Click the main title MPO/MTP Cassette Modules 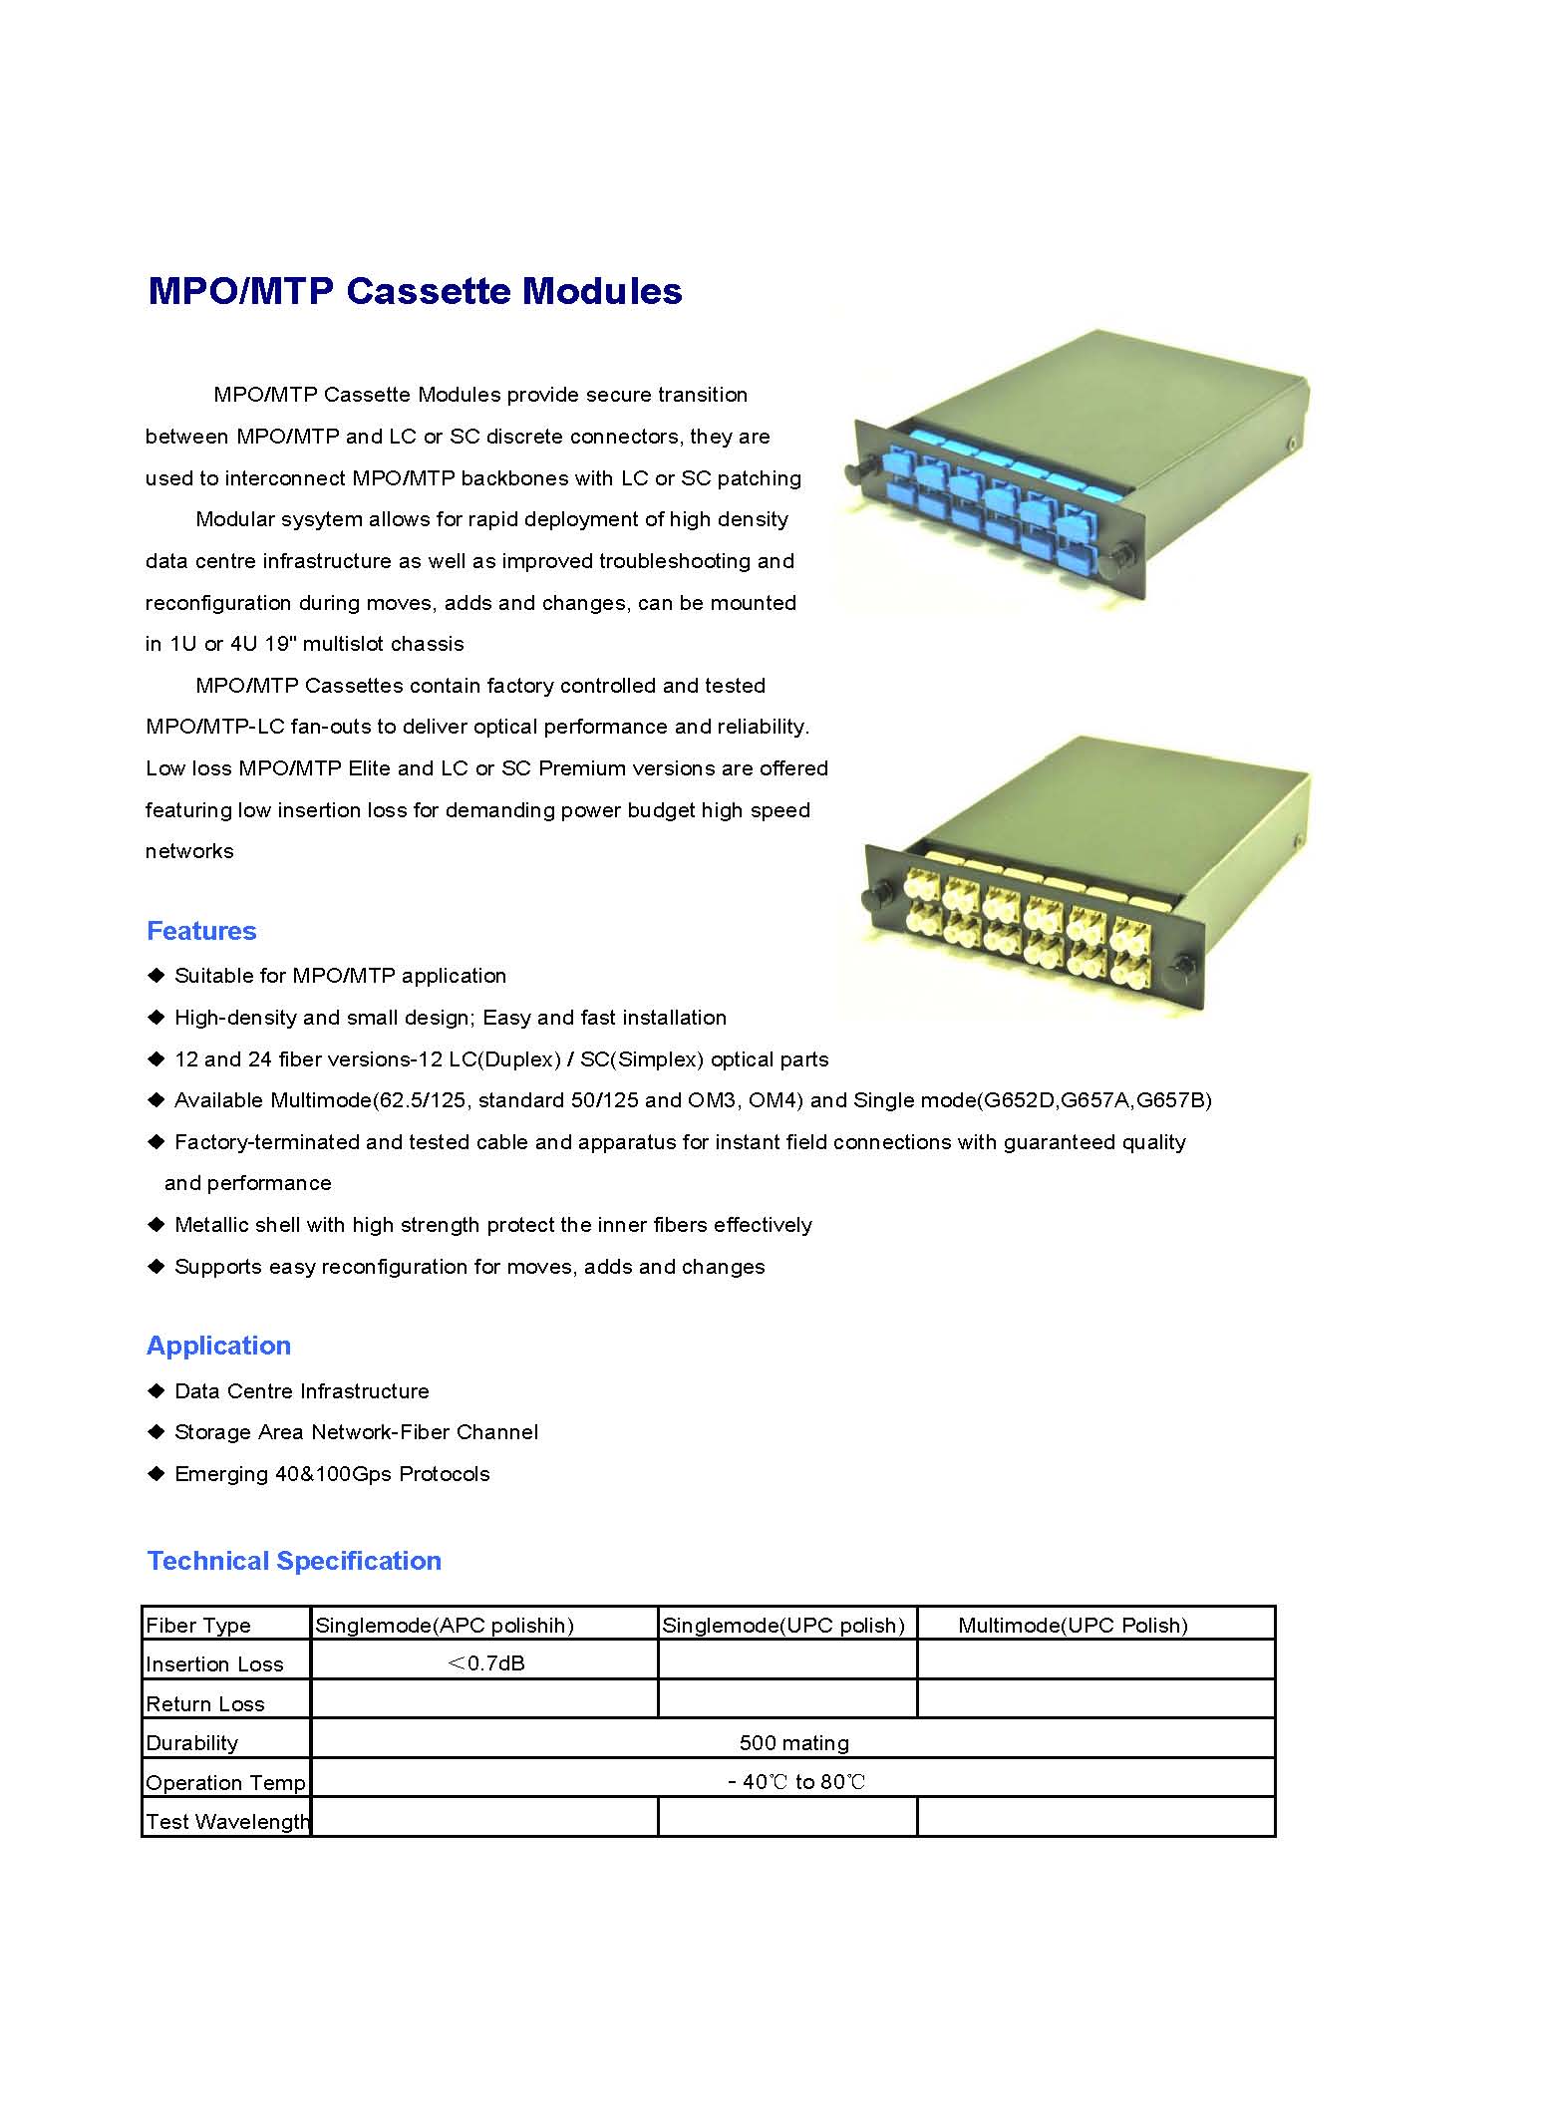click(x=415, y=291)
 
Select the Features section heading click(x=201, y=931)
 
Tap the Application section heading click(x=218, y=1346)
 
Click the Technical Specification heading click(x=294, y=1561)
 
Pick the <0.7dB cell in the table click(x=485, y=1663)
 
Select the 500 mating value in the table click(x=793, y=1743)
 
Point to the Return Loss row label click(x=205, y=1704)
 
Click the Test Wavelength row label click(x=227, y=1822)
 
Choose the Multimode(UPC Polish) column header click(x=1073, y=1626)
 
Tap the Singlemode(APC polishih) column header click(x=445, y=1626)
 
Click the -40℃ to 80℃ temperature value click(x=796, y=1782)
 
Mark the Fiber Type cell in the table click(x=198, y=1626)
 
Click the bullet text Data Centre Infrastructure click(x=301, y=1391)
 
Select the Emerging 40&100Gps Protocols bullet click(x=332, y=1474)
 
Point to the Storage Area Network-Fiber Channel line click(x=356, y=1432)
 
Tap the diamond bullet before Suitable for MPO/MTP click(x=155, y=975)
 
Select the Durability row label click(x=192, y=1743)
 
